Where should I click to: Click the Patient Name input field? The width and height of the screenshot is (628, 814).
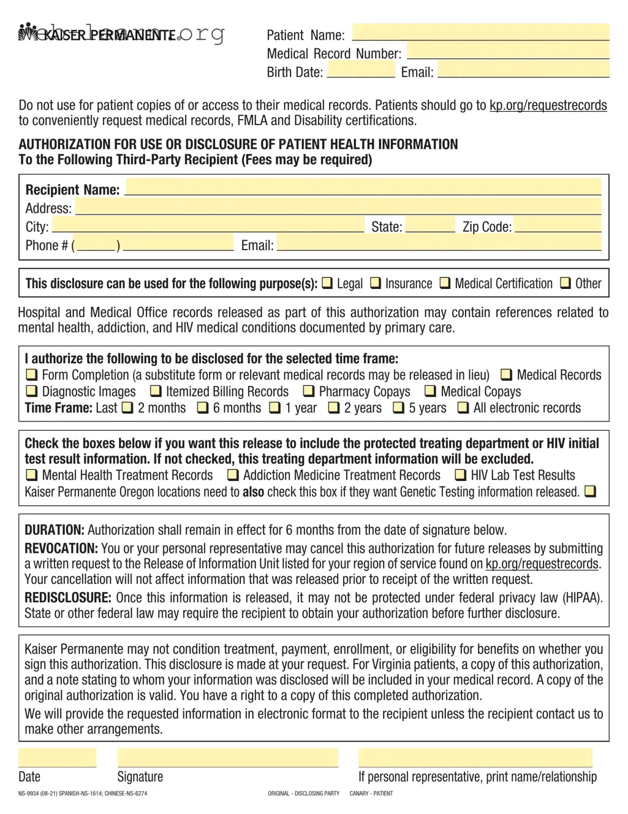[x=480, y=33]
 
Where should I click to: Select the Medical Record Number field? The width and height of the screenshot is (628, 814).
[x=508, y=52]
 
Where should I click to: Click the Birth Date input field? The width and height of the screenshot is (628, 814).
[x=361, y=70]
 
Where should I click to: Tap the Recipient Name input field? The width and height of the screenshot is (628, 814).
[x=363, y=187]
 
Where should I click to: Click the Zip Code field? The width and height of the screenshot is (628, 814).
[x=558, y=225]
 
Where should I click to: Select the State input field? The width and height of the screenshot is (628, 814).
[x=430, y=225]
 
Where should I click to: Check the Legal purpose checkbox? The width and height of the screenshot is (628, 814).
[x=327, y=283]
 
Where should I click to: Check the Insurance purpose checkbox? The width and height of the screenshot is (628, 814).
[x=375, y=283]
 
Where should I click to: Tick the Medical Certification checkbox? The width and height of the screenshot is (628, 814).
[x=445, y=283]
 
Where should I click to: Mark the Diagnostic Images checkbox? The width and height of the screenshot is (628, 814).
[x=31, y=391]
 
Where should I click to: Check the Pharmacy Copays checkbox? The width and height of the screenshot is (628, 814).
[x=309, y=391]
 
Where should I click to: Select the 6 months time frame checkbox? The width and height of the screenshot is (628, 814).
[x=203, y=407]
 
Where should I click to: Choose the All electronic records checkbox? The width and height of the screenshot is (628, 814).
[x=463, y=407]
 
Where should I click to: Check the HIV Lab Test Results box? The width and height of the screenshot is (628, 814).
[x=460, y=475]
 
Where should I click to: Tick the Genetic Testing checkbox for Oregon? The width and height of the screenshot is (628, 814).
[x=589, y=491]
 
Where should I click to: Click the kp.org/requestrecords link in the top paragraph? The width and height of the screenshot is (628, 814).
[x=548, y=106]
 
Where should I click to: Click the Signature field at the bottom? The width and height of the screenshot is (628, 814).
[x=227, y=758]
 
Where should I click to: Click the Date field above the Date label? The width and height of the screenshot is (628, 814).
[x=57, y=758]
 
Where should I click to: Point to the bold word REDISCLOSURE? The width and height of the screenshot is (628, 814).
[x=67, y=597]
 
